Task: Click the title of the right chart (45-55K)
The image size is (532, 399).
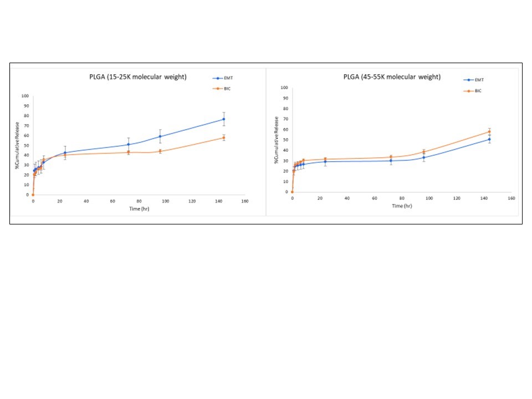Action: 394,77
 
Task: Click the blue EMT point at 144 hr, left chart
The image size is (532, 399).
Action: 224,119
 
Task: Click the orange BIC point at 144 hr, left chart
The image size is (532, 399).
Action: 224,138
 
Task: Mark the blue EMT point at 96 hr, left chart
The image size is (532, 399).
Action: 160,136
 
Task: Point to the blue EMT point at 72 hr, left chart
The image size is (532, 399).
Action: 129,145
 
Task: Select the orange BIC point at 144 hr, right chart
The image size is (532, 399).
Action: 489,132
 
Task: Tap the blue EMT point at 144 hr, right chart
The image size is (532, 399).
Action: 489,139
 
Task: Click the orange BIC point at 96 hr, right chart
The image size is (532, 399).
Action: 424,152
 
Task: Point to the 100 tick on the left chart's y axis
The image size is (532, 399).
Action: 25,96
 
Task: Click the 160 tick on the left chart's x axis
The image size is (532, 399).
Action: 244,201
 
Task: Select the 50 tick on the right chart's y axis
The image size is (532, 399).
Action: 284,140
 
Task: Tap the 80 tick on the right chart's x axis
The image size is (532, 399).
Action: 402,198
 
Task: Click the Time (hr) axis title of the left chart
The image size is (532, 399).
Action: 138,208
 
